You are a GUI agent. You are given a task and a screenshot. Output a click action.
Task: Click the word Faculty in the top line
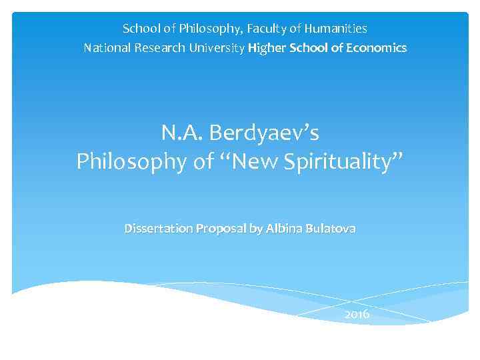pyautogui.click(x=273, y=29)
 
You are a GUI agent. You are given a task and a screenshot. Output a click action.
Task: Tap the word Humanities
pyautogui.click(x=337, y=29)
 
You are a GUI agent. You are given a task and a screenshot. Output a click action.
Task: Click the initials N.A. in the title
pyautogui.click(x=182, y=133)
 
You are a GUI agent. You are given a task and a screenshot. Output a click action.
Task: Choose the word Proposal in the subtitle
pyautogui.click(x=219, y=229)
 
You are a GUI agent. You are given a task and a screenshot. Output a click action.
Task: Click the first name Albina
pyautogui.click(x=283, y=229)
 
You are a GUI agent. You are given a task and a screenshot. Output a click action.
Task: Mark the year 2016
pyautogui.click(x=357, y=314)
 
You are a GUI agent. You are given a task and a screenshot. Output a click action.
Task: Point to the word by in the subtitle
pyautogui.click(x=255, y=229)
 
